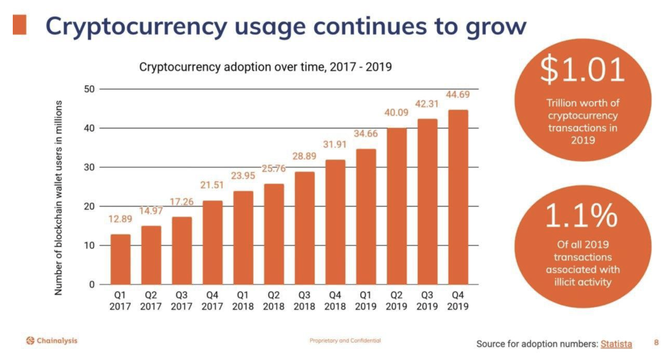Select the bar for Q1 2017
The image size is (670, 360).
[x=120, y=259]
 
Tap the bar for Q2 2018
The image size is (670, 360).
[x=274, y=234]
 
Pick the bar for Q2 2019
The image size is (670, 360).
[x=397, y=206]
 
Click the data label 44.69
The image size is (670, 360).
[x=458, y=94]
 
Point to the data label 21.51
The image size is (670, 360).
[x=212, y=185]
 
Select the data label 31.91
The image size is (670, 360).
[x=335, y=145]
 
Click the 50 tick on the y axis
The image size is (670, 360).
[x=89, y=89]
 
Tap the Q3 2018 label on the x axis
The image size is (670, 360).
[x=304, y=300]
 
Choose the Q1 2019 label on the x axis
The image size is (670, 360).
[x=366, y=300]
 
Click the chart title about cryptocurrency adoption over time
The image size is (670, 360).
[x=265, y=67]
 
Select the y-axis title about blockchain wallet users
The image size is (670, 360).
[x=59, y=198]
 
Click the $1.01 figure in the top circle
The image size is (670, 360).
[x=582, y=69]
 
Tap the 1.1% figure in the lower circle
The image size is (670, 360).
[x=581, y=215]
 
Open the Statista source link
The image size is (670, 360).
[x=616, y=344]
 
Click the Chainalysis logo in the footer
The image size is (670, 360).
[x=52, y=340]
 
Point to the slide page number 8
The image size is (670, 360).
[x=656, y=342]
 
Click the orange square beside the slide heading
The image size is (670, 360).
[x=20, y=24]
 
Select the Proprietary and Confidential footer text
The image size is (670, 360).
[x=345, y=340]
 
